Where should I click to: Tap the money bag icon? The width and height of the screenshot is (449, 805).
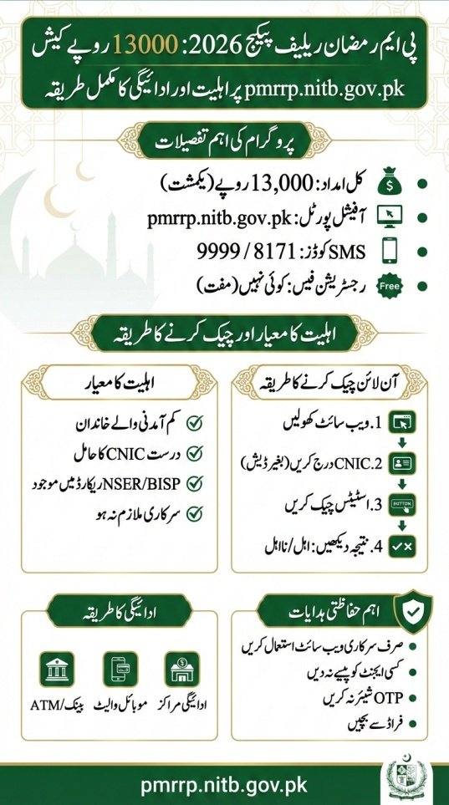pyautogui.click(x=389, y=182)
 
